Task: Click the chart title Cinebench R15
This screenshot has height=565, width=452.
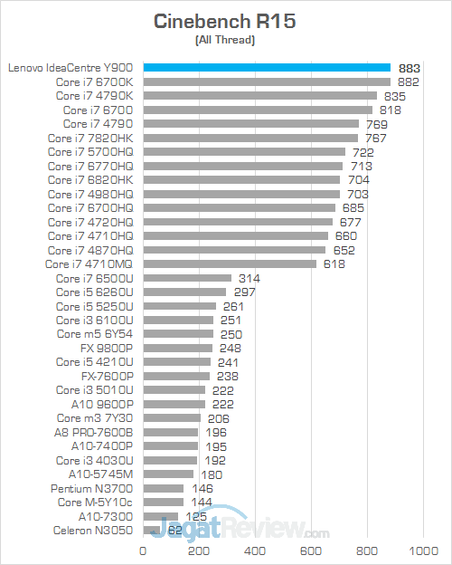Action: (x=225, y=21)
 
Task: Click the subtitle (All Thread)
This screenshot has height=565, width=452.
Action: (x=225, y=41)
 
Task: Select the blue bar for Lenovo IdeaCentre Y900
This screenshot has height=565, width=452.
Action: (x=267, y=68)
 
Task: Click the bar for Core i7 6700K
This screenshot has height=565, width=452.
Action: (x=267, y=81)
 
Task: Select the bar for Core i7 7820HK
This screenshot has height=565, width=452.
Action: (x=250, y=138)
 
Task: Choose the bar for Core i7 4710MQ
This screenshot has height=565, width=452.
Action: (x=230, y=264)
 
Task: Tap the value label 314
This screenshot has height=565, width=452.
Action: (x=248, y=278)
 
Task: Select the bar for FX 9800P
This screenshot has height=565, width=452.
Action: (x=177, y=348)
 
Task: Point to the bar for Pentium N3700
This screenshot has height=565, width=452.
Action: (x=163, y=488)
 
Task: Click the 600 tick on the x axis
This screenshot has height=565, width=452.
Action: (x=312, y=551)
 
